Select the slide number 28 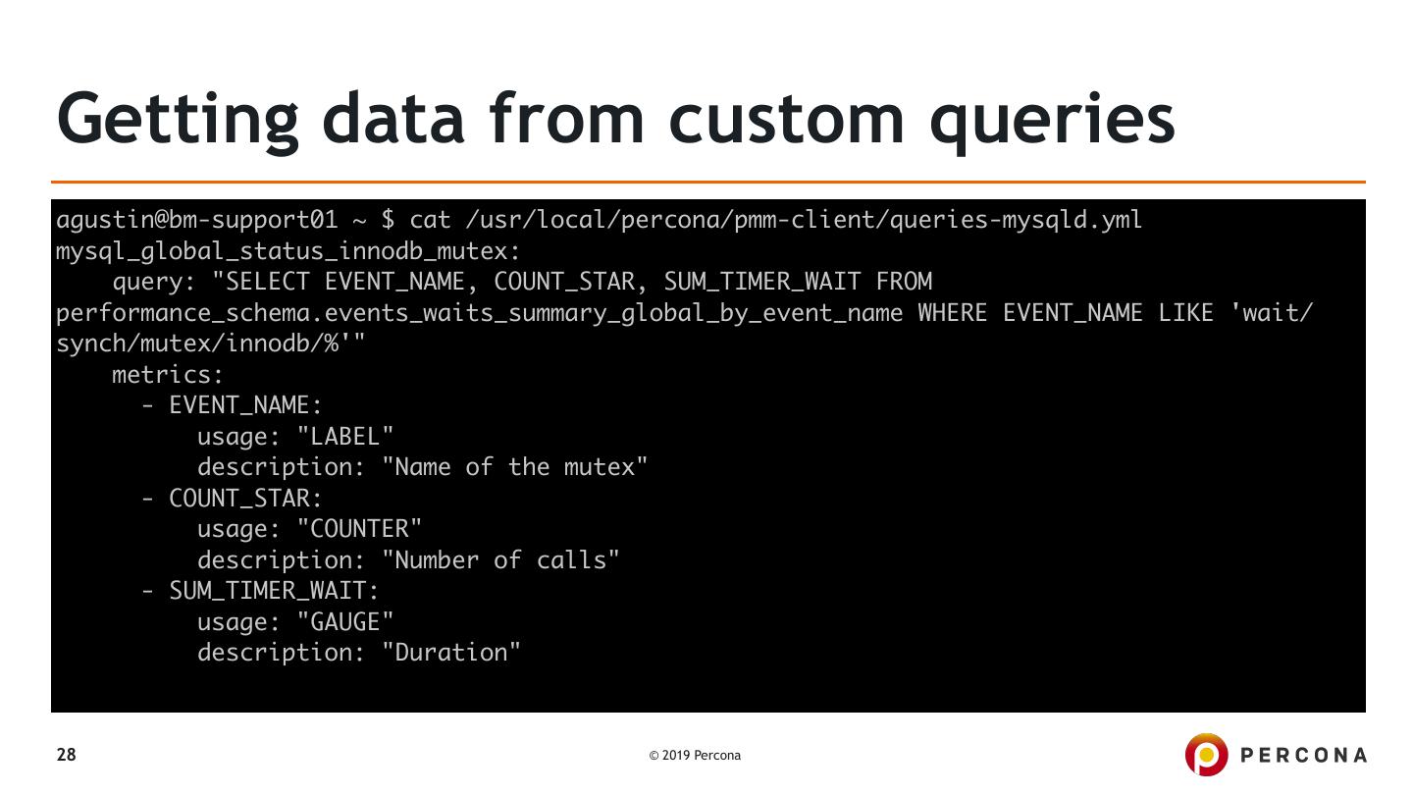coord(66,755)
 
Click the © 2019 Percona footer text coord(695,756)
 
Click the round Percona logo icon coord(1205,755)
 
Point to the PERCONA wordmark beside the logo coord(1304,756)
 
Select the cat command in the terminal coord(430,220)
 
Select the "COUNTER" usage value coord(359,530)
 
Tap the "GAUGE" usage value coord(344,622)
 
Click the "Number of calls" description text coord(500,560)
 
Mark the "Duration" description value coord(451,654)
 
